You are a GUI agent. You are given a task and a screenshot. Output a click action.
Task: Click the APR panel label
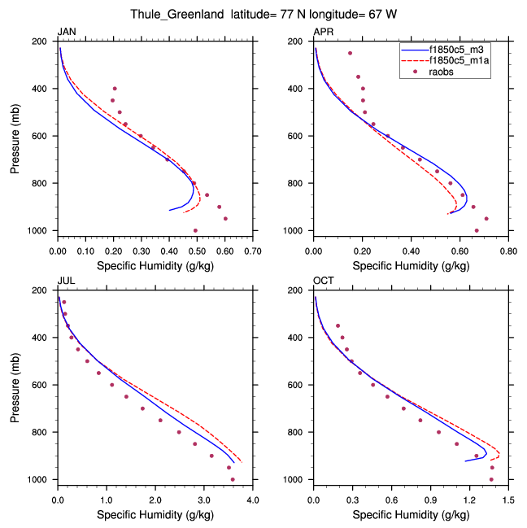point(323,32)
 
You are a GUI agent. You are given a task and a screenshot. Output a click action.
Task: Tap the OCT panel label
point(323,281)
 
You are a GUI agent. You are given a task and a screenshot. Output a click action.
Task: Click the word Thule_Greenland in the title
point(173,15)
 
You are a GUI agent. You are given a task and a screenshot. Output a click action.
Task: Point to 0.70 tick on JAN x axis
point(253,251)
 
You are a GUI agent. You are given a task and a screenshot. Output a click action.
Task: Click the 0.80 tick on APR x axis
point(508,251)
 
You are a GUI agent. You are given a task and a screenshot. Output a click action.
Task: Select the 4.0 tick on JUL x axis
point(253,500)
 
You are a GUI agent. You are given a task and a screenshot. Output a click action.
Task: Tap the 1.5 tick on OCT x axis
point(508,500)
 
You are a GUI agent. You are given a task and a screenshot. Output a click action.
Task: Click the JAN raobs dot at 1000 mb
point(195,230)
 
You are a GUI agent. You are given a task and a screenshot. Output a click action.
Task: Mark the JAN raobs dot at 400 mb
point(115,88)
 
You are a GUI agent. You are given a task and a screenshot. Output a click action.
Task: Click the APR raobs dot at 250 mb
point(350,53)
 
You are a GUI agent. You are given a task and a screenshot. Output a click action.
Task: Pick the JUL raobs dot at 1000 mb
point(233,479)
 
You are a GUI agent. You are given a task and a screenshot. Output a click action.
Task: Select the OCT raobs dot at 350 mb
point(338,325)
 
